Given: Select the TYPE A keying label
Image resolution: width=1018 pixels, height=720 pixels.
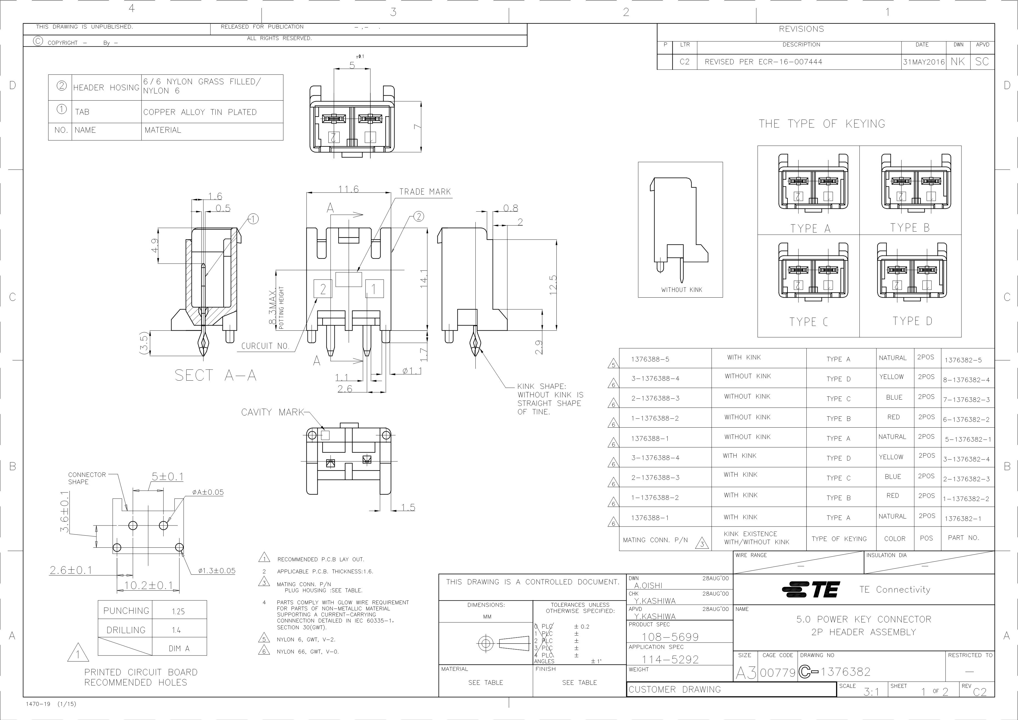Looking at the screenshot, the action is [x=810, y=228].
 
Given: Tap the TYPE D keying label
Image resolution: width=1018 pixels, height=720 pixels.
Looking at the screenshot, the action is [x=912, y=321].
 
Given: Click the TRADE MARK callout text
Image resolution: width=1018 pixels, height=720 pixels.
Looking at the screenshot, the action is [x=425, y=192].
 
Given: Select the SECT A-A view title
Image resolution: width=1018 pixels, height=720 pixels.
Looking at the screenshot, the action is [x=215, y=375].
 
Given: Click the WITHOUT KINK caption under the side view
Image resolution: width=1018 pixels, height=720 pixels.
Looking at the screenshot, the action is [x=681, y=289].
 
